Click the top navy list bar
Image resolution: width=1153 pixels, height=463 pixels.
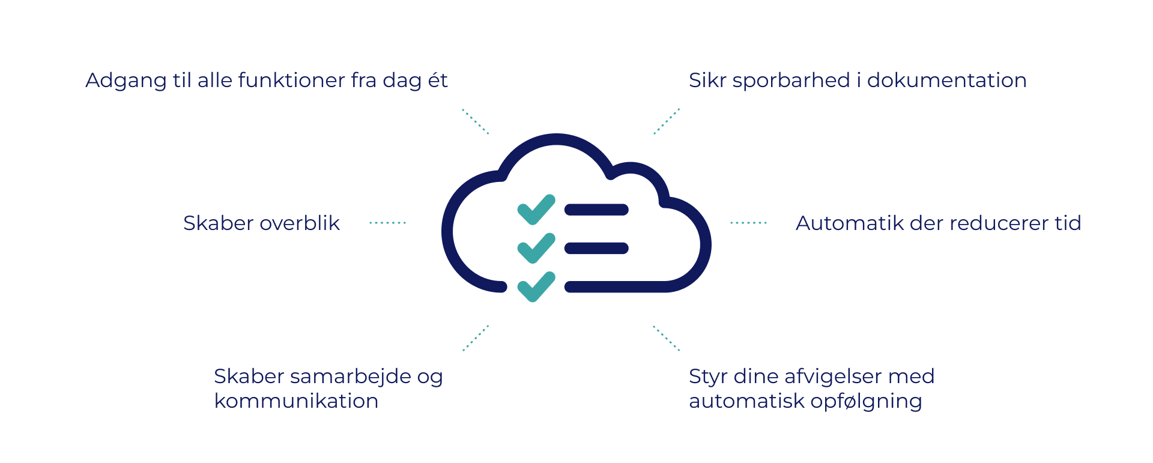tap(596, 210)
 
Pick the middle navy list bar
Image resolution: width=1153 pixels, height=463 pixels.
tap(596, 248)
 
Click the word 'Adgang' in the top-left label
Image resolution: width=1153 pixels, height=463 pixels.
tap(126, 81)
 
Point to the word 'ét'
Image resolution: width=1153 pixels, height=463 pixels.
tap(438, 79)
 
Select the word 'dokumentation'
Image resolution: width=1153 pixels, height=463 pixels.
tap(947, 80)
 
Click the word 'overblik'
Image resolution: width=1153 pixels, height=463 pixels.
tap(300, 223)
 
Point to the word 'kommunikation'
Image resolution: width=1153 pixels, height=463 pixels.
tap(297, 401)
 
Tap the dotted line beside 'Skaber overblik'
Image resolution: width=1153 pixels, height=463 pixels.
tap(388, 223)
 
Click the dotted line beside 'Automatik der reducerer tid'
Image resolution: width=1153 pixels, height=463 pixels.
tap(749, 223)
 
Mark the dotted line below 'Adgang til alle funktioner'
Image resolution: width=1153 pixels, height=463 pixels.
tap(476, 121)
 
